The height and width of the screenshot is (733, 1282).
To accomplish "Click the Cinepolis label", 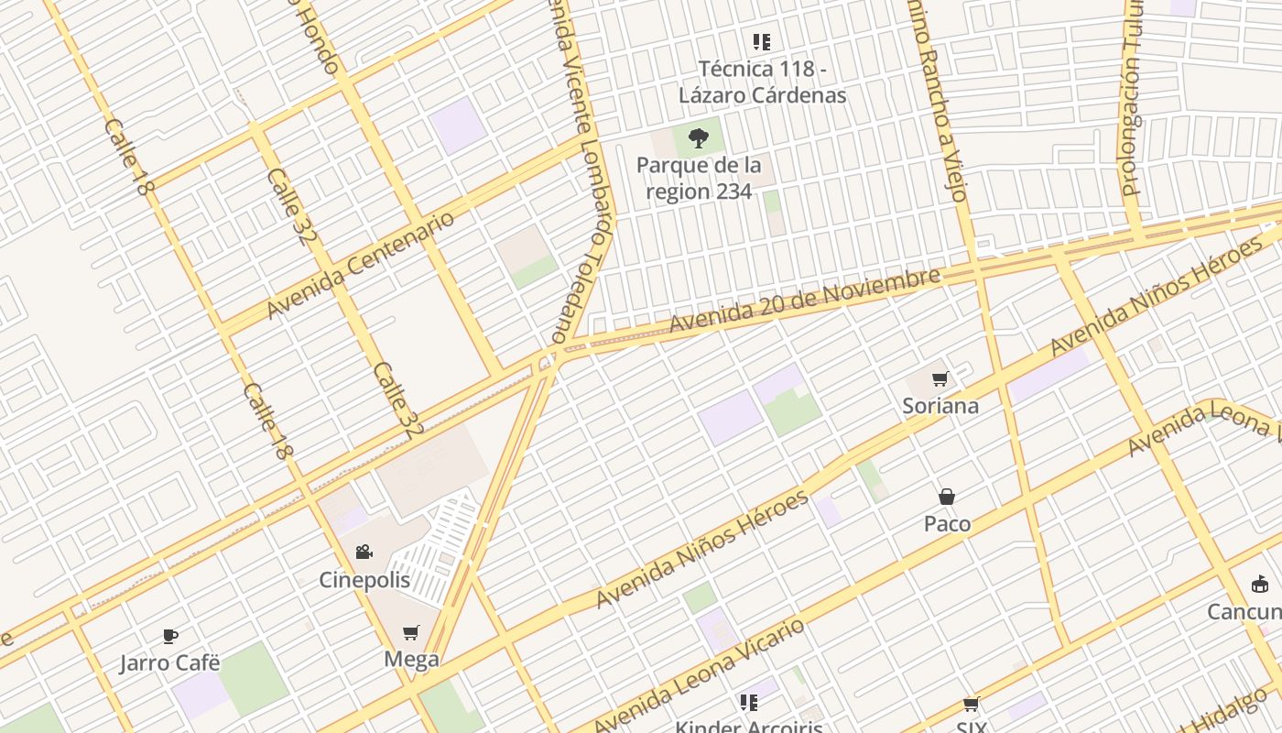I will click(364, 580).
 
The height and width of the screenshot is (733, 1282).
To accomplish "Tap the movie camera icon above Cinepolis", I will click(364, 552).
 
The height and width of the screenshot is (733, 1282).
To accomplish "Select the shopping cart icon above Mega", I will click(411, 632).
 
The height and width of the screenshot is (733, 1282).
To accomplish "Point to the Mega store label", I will click(411, 659).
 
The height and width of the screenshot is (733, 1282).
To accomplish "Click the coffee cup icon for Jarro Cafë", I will click(169, 636).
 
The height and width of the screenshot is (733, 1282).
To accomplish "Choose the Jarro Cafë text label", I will click(169, 662).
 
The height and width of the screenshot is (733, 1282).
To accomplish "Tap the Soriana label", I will click(940, 405).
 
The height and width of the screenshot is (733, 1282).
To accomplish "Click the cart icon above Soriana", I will click(940, 378).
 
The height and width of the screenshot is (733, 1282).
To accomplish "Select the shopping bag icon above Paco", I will click(947, 497).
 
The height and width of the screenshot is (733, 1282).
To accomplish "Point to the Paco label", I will click(947, 523).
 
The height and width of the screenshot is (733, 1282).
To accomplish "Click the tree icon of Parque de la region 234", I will click(699, 138).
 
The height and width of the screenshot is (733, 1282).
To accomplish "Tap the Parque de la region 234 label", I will click(699, 179).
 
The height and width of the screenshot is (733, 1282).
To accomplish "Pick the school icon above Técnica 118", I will click(762, 41).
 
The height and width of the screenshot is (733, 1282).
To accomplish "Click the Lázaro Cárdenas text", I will click(762, 94).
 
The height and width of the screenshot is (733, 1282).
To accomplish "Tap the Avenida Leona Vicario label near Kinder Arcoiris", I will click(701, 676).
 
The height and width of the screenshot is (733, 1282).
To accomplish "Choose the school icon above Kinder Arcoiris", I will click(749, 702).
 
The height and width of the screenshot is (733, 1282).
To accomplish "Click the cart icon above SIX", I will click(972, 705).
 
